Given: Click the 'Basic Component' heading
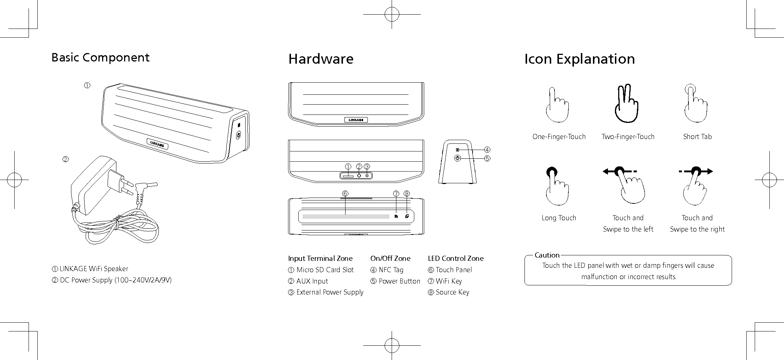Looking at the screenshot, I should (100, 57).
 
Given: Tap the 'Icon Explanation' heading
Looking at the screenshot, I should (579, 59).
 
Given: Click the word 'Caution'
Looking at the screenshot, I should (547, 255).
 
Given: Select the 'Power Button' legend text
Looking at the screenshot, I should (399, 281).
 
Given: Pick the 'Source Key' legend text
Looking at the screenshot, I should (452, 292).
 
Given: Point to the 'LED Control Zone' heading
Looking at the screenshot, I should (456, 259).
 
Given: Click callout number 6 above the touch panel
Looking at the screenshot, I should (345, 193).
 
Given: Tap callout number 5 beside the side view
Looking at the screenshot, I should (487, 158).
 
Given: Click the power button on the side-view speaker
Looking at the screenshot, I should (457, 158).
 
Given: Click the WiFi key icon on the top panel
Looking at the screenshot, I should (396, 216).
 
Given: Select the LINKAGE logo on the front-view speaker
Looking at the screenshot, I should (356, 120).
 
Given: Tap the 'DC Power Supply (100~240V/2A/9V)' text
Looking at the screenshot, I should (116, 280).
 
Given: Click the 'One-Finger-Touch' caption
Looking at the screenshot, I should (559, 137).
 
